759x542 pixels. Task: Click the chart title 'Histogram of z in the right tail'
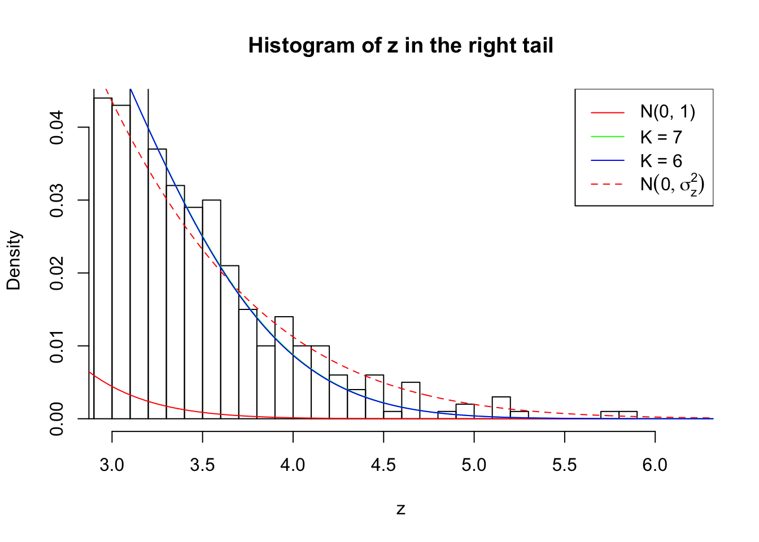click(x=400, y=46)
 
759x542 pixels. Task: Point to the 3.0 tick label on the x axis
click(x=112, y=465)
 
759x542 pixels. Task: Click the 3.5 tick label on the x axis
click(x=202, y=465)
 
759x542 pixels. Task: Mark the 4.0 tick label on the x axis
click(x=293, y=465)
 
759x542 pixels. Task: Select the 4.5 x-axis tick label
click(x=383, y=465)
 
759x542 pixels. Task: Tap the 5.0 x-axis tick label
click(x=474, y=465)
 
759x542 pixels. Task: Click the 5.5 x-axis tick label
click(x=565, y=465)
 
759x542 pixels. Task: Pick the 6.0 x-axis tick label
click(x=655, y=465)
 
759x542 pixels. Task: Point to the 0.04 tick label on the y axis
click(x=56, y=128)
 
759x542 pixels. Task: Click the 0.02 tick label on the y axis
click(x=56, y=273)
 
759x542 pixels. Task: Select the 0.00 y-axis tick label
click(x=56, y=419)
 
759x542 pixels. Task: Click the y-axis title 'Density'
click(x=14, y=260)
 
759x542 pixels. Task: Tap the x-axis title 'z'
click(x=400, y=509)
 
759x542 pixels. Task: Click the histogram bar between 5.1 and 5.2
click(x=501, y=408)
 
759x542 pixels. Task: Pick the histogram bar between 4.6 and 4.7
click(x=411, y=400)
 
